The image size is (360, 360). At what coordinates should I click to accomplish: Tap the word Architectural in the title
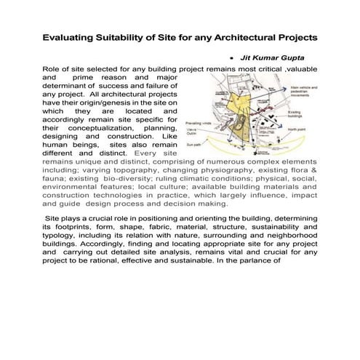pyautogui.click(x=239, y=36)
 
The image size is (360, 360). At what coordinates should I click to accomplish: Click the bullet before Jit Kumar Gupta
pyautogui.click(x=231, y=55)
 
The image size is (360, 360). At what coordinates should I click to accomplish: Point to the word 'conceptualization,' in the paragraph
pyautogui.click(x=103, y=127)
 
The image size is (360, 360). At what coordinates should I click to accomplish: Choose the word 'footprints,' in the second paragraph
pyautogui.click(x=76, y=228)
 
